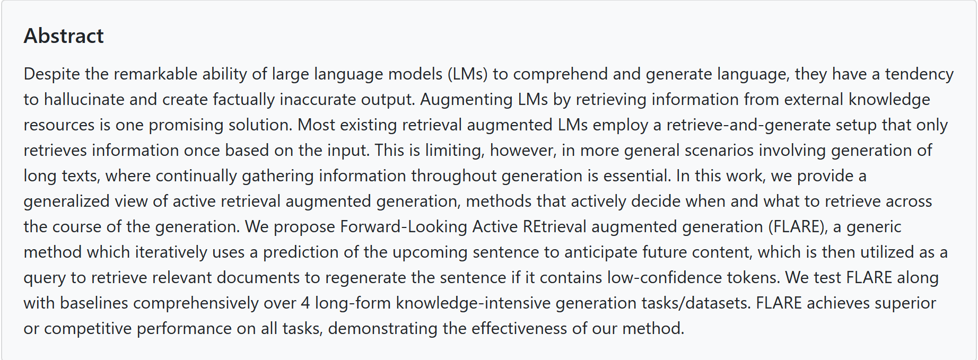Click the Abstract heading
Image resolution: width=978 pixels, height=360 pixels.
[64, 36]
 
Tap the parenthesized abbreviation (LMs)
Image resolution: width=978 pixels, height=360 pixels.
[467, 74]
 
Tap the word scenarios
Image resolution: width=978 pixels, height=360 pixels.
[719, 150]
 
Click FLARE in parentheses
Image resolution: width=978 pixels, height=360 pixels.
[798, 226]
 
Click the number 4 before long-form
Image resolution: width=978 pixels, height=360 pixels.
[305, 303]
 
